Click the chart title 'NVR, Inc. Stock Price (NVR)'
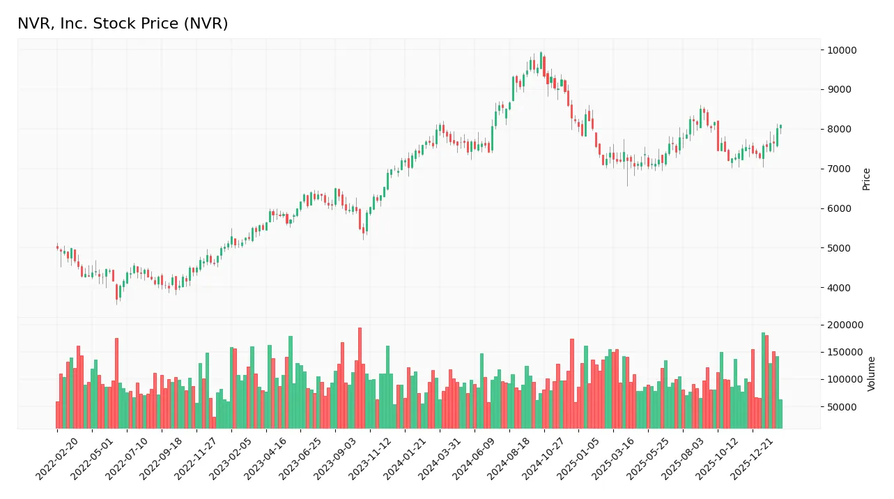pyautogui.click(x=123, y=24)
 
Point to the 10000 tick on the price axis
pyautogui.click(x=842, y=50)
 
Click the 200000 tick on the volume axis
pyautogui.click(x=845, y=325)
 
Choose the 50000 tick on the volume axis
pyautogui.click(x=842, y=407)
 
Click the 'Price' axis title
pyautogui.click(x=866, y=178)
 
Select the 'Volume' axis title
pyautogui.click(x=872, y=374)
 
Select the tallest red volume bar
pyautogui.click(x=360, y=378)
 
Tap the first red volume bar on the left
pyautogui.click(x=58, y=415)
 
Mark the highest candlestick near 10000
pyautogui.click(x=541, y=56)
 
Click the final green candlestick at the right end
pyautogui.click(x=780, y=126)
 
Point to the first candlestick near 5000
pyautogui.click(x=58, y=247)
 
